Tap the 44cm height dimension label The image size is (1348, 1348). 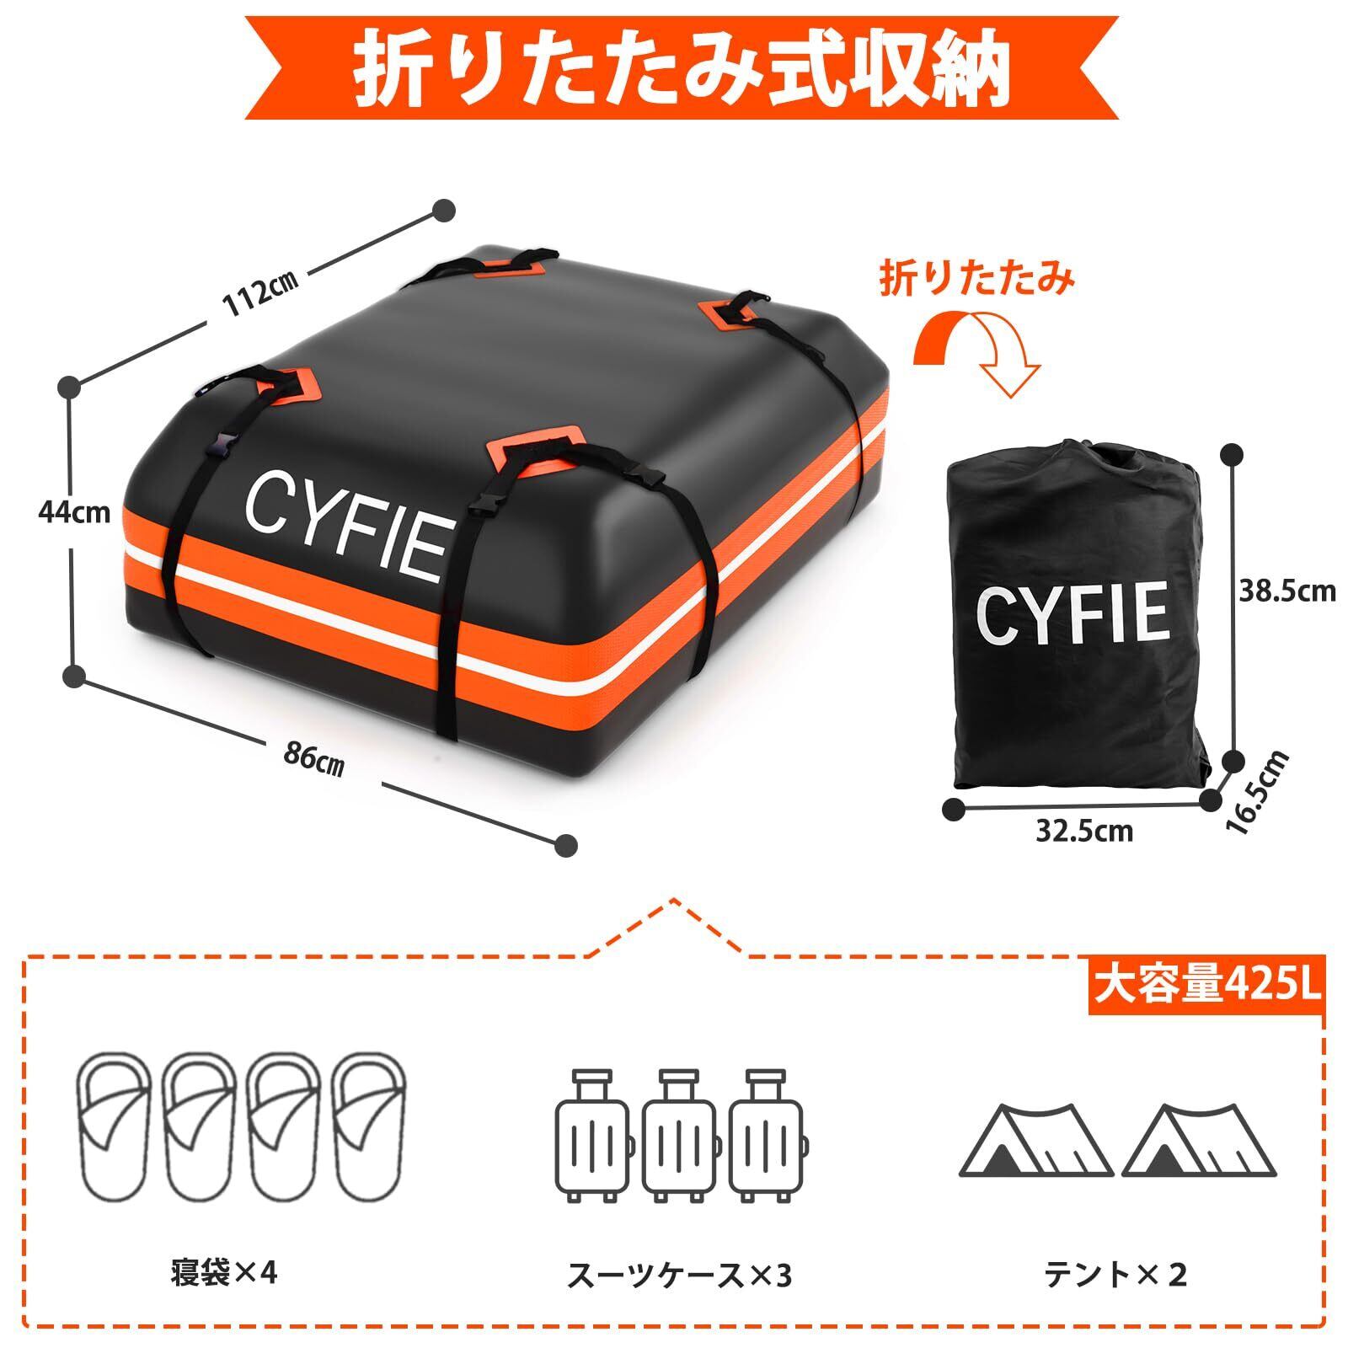click(x=74, y=511)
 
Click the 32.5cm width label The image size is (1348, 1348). click(x=1084, y=832)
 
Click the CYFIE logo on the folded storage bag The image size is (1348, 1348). click(x=1073, y=613)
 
